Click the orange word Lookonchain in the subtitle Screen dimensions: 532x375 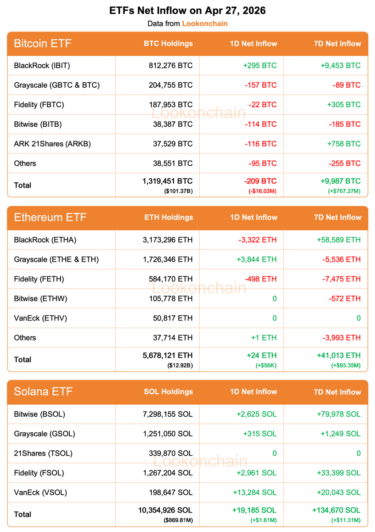pos(205,23)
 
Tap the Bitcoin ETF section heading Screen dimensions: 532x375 pos(43,43)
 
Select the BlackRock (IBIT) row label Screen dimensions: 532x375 pos(42,66)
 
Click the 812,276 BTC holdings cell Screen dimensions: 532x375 pos(170,66)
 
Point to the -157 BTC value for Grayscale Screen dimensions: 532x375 pos(260,85)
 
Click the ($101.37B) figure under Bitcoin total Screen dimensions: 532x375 pos(179,192)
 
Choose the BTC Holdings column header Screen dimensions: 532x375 pos(168,43)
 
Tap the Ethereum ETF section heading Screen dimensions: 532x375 pos(50,218)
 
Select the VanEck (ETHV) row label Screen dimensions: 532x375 pos(40,318)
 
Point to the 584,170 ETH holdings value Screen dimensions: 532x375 pos(171,279)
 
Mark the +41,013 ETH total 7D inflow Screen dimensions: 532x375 pos(339,355)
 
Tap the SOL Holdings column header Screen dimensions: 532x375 pos(169,392)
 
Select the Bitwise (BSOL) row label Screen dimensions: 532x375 pos(39,414)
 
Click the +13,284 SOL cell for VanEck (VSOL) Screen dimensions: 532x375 pos(254,492)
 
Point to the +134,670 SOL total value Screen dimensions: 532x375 pos(336,510)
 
